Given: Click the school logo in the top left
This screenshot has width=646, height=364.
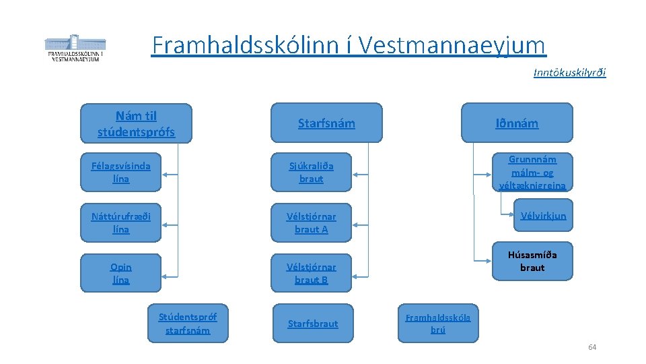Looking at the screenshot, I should pos(75,48).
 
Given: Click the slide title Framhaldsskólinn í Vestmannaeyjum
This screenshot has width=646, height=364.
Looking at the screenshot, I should pos(349,46).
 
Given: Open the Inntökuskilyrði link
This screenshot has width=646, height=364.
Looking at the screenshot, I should pos(569,72).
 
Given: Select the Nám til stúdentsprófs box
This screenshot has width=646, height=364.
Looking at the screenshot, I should pos(136,123).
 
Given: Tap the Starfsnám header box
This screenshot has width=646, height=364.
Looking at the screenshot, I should pos(326,123).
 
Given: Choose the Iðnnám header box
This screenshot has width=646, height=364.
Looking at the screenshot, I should pos(517,123).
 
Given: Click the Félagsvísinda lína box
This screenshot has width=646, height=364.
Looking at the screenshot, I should pos(121,173).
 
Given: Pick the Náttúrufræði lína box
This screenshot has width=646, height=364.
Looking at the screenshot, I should pos(121,222).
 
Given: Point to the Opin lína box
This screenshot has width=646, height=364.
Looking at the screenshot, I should pos(121,273).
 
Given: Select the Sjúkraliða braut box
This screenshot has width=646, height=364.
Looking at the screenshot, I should pos(311,173).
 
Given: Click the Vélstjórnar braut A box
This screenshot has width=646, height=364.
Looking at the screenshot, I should pos(311,222).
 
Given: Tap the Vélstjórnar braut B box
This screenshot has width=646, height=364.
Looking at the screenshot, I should pos(311,273).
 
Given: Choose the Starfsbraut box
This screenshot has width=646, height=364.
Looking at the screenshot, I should pos(312,324).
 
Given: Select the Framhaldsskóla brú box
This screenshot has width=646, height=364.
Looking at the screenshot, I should pos(438,323).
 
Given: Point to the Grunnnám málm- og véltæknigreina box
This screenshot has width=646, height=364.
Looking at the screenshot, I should pos(532,173).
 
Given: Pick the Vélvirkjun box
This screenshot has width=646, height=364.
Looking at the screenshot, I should pos(543,216).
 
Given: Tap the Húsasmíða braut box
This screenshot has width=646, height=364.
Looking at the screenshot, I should pos(532,261).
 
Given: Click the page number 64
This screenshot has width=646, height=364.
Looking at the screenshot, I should pos(592,347).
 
